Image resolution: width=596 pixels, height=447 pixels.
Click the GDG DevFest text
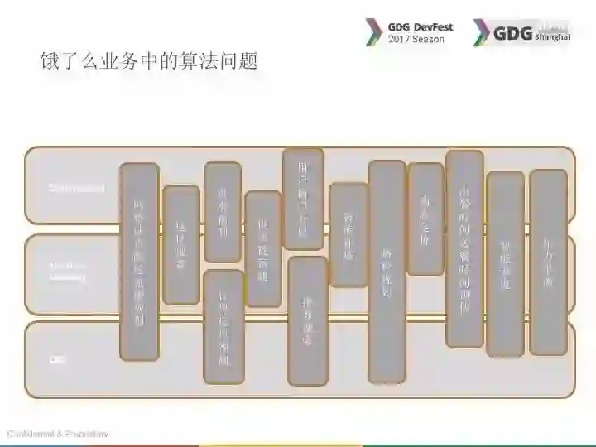pyautogui.click(x=421, y=26)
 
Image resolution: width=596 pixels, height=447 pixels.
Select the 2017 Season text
pyautogui.click(x=416, y=39)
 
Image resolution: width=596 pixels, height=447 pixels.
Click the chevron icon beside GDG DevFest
pyautogui.click(x=373, y=32)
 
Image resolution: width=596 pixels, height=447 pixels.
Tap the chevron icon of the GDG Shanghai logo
pyautogui.click(x=481, y=32)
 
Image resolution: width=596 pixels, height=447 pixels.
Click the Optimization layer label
pyautogui.click(x=76, y=188)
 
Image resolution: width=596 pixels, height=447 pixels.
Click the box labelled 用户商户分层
pyautogui.click(x=303, y=199)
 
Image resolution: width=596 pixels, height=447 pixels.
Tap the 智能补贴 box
pyautogui.click(x=348, y=234)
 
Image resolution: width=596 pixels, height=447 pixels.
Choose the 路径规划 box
pyautogui.click(x=387, y=271)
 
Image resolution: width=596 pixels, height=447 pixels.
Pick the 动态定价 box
pyautogui.click(x=425, y=219)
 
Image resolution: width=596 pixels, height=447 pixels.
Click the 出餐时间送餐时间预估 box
pyautogui.click(x=464, y=248)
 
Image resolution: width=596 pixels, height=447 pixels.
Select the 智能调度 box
pyautogui.click(x=505, y=263)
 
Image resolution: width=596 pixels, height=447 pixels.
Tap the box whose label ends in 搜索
pyautogui.click(x=307, y=320)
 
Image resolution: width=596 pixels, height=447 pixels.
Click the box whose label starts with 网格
pyautogui.click(x=139, y=262)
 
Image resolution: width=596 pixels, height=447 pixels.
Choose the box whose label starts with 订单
pyautogui.click(x=223, y=326)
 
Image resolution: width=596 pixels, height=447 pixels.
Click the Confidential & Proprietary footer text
pyautogui.click(x=57, y=434)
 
